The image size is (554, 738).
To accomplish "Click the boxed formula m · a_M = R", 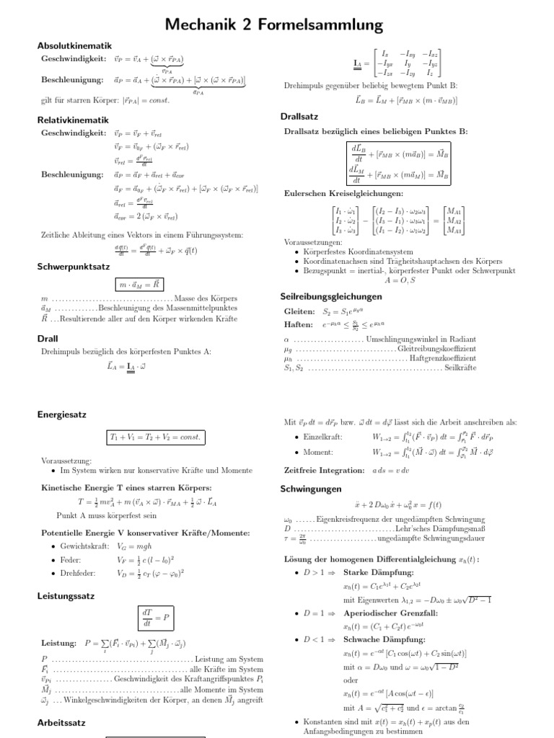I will (145, 285).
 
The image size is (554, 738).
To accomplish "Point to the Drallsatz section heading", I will (299, 116).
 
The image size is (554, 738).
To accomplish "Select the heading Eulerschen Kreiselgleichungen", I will (343, 193).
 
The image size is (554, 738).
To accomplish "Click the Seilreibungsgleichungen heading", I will (331, 296).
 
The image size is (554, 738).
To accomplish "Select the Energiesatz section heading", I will (63, 414).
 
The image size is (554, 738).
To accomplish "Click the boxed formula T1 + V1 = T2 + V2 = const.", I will (156, 438).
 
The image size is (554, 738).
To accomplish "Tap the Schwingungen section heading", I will (311, 489).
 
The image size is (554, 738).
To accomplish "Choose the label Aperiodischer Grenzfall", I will (385, 613).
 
